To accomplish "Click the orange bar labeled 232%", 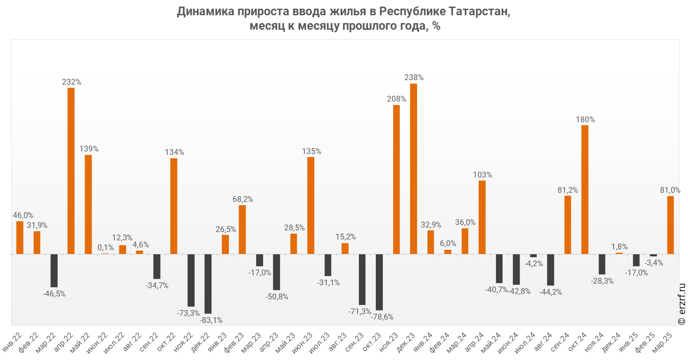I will point(71,171).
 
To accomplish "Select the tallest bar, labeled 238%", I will point(413,168).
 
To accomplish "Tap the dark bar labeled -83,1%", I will point(208,284).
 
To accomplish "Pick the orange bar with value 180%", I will point(585,189).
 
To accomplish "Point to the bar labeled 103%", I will point(482,217).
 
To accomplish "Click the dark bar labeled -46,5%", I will point(54,270).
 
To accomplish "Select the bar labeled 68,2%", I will point(242,229).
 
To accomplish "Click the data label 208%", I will point(396,99).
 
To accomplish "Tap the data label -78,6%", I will point(382,317).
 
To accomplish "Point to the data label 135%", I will point(311,151).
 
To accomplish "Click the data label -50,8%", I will point(277,296).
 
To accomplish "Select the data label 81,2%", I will point(567,190).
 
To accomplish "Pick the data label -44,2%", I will point(550,292).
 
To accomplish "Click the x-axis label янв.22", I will point(12,342).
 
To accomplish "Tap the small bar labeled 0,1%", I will point(105,253).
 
